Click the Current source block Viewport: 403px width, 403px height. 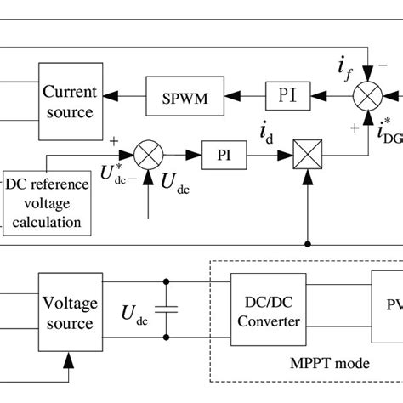pyautogui.click(x=71, y=101)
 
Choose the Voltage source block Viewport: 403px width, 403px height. pyautogui.click(x=71, y=313)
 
